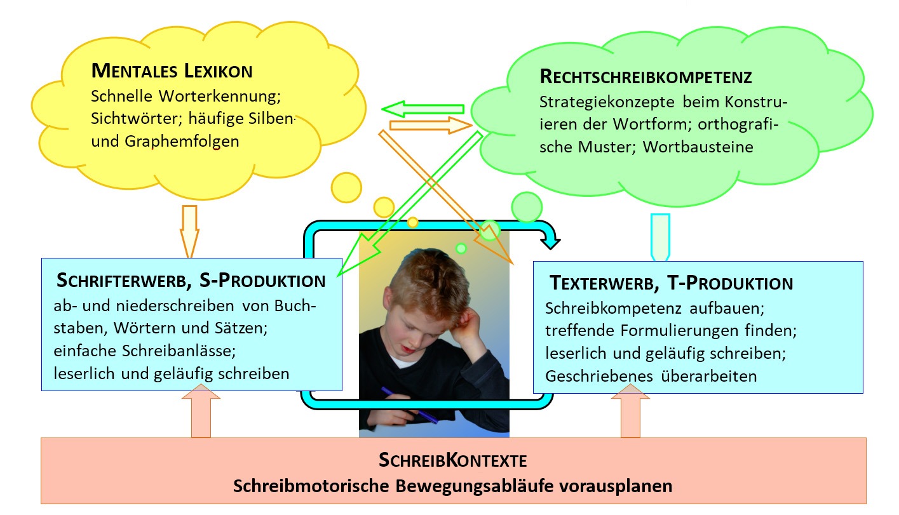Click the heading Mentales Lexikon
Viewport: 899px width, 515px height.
[x=172, y=71]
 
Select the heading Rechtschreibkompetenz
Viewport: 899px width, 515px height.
[x=646, y=77]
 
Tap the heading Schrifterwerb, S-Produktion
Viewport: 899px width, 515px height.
[x=191, y=281]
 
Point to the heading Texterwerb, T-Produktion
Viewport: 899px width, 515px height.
[x=672, y=283]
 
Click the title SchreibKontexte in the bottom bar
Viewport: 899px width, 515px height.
[x=453, y=460]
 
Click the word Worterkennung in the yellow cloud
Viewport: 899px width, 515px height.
[x=220, y=97]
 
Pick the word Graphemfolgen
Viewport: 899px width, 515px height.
[x=182, y=142]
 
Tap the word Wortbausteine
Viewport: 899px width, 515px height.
[x=698, y=147]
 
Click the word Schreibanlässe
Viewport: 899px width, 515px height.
[x=179, y=351]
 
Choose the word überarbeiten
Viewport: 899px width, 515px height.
[x=709, y=376]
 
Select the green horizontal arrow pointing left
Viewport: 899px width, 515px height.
[x=422, y=109]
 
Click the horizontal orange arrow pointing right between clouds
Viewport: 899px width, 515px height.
[x=431, y=125]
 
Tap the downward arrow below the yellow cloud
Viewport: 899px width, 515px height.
[x=189, y=231]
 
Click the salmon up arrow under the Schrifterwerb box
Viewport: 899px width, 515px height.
[x=201, y=411]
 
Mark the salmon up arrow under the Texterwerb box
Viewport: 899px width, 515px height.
[x=630, y=411]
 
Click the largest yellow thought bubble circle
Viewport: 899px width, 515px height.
[x=346, y=188]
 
